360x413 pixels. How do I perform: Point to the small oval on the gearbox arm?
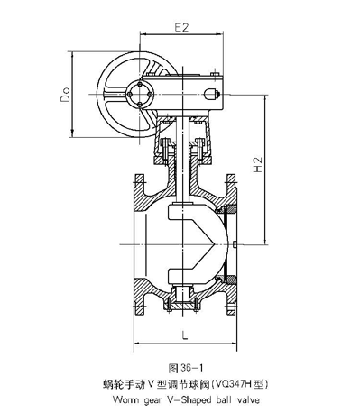pos(214,92)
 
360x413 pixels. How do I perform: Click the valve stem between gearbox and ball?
pos(183,171)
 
